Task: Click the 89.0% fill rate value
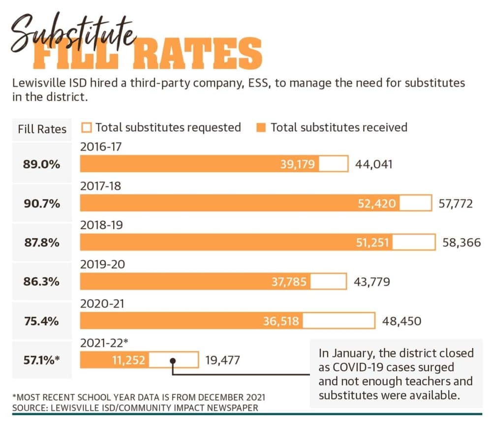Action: tap(41, 164)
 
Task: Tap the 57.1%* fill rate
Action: tap(41, 360)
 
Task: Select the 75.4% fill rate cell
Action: tap(41, 321)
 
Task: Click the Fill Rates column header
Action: tap(42, 129)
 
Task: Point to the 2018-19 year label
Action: tap(101, 225)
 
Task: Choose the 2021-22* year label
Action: tap(104, 343)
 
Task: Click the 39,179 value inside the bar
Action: tap(297, 164)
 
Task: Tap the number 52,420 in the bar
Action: tap(376, 204)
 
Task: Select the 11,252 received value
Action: tap(128, 360)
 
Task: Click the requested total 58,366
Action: tap(461, 242)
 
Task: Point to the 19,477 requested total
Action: tap(222, 360)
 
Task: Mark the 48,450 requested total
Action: tap(401, 321)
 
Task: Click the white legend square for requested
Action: tap(86, 127)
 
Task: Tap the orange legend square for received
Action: tap(261, 127)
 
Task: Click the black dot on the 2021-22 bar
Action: tap(173, 361)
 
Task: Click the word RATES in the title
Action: tap(198, 54)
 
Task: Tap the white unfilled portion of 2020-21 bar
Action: tap(339, 321)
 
